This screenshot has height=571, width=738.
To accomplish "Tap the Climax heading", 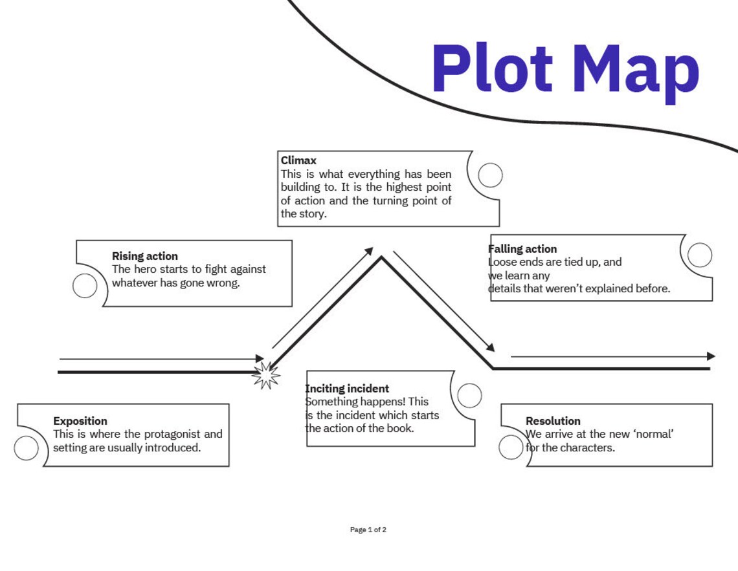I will pyautogui.click(x=298, y=160).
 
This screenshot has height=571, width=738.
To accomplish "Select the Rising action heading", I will pyautogui.click(x=144, y=256).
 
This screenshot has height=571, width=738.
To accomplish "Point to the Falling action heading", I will pyautogui.click(x=522, y=249).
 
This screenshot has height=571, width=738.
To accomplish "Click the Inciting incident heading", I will pyautogui.click(x=348, y=389).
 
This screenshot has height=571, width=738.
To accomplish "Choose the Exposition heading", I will pyautogui.click(x=80, y=421).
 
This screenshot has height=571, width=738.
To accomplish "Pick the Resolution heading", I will pyautogui.click(x=553, y=421).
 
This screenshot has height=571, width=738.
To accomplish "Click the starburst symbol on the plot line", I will pyautogui.click(x=265, y=374).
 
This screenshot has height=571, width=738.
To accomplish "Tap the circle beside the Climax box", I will pyautogui.click(x=490, y=175).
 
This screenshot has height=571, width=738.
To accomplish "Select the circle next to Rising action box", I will pyautogui.click(x=85, y=286).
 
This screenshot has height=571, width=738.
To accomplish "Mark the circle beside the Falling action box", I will pyautogui.click(x=699, y=255).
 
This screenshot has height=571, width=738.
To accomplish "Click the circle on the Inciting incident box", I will pyautogui.click(x=469, y=395).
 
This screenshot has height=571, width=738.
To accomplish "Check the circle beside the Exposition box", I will pyautogui.click(x=27, y=448).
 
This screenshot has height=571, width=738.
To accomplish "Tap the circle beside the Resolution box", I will pyautogui.click(x=511, y=447).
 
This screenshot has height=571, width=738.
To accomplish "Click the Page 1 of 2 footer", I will pyautogui.click(x=368, y=530).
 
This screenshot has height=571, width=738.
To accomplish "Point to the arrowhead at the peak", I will pyautogui.click(x=369, y=251).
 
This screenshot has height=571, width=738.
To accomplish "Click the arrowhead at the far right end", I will pyautogui.click(x=711, y=356).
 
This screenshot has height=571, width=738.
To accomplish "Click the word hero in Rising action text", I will pyautogui.click(x=145, y=270).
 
